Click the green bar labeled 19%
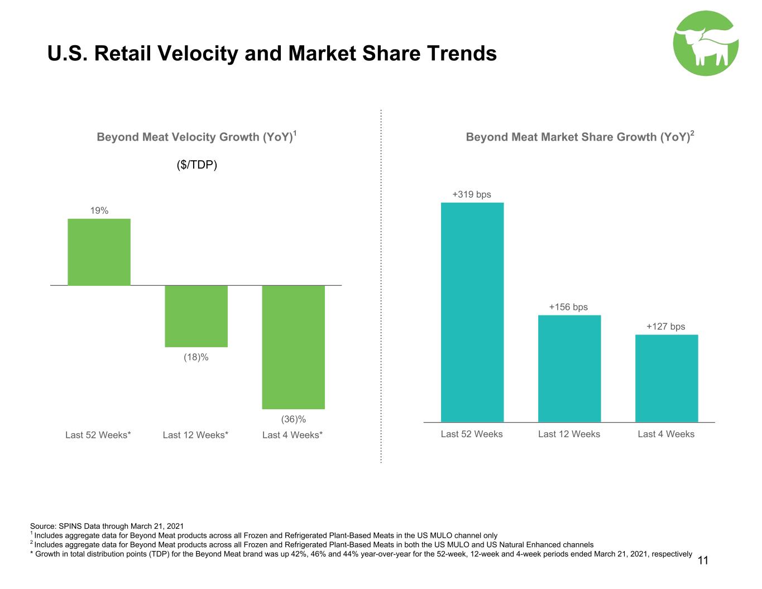(99, 252)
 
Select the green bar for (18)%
(196, 316)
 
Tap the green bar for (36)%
(293, 347)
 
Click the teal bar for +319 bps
(472, 312)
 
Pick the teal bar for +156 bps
(569, 368)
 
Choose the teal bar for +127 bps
(667, 379)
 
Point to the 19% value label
(99, 210)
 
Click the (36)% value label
(294, 419)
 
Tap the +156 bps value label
(568, 307)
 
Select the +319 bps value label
(472, 194)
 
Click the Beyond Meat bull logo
(706, 43)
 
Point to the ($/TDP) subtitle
(197, 165)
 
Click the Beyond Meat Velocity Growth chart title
(197, 136)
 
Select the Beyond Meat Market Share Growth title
(580, 136)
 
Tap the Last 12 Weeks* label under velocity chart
(195, 435)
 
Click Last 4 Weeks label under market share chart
(666, 434)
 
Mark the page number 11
(703, 561)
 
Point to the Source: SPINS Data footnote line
(107, 526)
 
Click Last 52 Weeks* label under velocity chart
(98, 435)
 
